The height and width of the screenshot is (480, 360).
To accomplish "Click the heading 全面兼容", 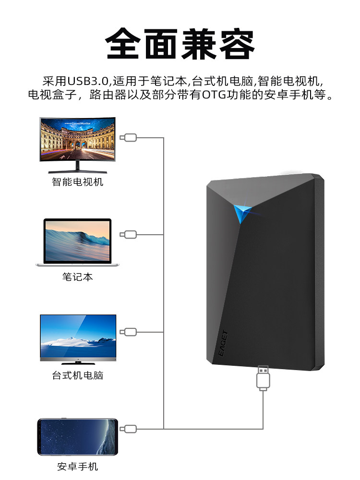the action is tap(180, 44).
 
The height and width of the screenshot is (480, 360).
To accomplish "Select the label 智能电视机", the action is tap(77, 182).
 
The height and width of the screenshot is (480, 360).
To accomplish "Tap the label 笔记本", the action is tap(77, 277).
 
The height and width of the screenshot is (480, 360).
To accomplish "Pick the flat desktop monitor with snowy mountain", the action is tap(78, 336).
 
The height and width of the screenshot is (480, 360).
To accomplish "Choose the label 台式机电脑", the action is tap(77, 375).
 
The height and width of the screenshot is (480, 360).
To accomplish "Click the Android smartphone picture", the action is tap(78, 436).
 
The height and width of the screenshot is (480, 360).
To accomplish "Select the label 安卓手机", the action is tap(77, 467).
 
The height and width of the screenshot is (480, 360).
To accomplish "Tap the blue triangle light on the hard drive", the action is tap(242, 213).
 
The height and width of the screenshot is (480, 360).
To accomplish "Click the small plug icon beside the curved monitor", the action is tap(129, 138).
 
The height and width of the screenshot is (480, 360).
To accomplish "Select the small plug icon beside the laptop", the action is tap(129, 235).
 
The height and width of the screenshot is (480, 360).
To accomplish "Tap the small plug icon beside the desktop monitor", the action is tap(129, 332).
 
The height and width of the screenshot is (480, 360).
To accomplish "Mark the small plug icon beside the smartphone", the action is tap(129, 429).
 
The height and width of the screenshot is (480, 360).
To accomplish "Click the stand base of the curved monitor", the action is tap(77, 170).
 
